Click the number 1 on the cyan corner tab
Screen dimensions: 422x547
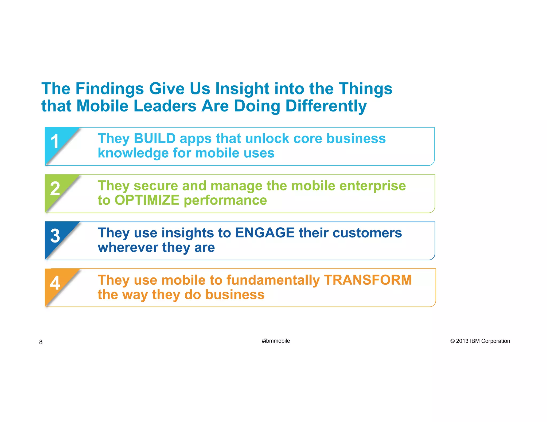click(55, 141)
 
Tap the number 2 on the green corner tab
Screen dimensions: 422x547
click(55, 188)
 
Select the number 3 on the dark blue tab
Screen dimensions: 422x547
click(55, 236)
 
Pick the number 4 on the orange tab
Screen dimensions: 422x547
click(55, 283)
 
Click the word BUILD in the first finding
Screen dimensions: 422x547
click(155, 138)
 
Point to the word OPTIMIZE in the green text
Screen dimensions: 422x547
click(147, 200)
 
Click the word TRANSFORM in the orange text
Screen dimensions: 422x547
click(368, 280)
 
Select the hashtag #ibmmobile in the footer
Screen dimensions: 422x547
click(276, 341)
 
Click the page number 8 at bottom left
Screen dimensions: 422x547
click(41, 342)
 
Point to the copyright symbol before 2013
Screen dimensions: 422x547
click(452, 341)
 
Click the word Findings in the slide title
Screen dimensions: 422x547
click(110, 89)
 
